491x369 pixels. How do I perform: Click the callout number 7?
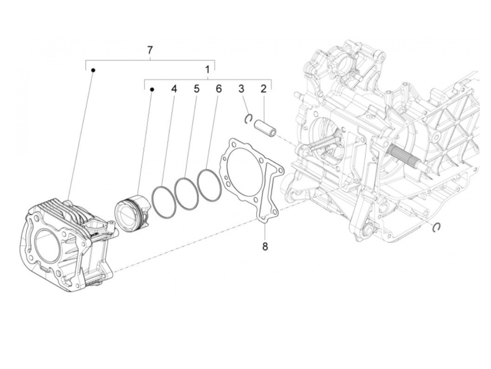pos(150,50)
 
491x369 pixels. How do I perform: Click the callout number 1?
pos(207,69)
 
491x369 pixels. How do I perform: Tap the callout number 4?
pos(174,89)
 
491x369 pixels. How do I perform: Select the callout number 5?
pos(196,89)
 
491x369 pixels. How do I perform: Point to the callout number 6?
pos(218,89)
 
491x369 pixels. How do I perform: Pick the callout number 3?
pos(241,89)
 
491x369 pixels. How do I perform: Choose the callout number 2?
pos(263,89)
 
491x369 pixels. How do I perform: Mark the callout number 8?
pos(265,247)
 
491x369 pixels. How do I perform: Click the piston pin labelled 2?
pos(265,127)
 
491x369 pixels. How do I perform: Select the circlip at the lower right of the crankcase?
pos(437,227)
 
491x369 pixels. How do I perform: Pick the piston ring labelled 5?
pos(186,192)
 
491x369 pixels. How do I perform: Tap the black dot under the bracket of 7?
pos(93,70)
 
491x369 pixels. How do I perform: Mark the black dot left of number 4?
pos(152,90)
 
